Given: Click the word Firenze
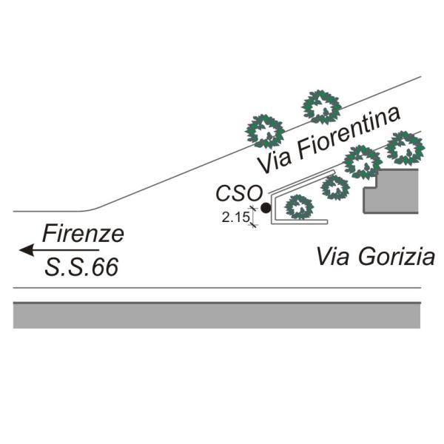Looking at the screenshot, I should tap(83, 235).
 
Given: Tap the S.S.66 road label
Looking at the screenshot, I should tap(81, 267).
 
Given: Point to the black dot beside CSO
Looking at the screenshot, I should tap(266, 209).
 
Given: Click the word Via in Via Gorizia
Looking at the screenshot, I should tap(332, 258).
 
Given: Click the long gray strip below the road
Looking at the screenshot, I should tap(217, 316).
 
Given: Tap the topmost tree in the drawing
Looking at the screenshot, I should tap(321, 107).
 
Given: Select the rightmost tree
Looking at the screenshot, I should tap(406, 148).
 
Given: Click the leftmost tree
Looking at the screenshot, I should tap(265, 131).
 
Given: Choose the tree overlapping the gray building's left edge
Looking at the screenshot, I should tap(363, 162).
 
